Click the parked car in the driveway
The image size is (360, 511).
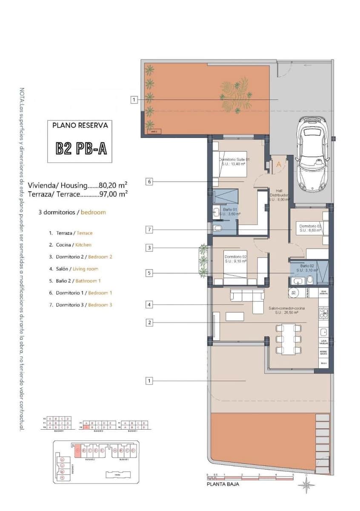click(x=312, y=154)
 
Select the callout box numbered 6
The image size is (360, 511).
click(x=149, y=181)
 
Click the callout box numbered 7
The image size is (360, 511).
click(x=149, y=230)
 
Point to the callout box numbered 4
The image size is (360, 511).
click(x=149, y=304)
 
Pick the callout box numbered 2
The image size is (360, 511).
click(x=149, y=323)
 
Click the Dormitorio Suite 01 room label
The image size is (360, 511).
click(x=234, y=161)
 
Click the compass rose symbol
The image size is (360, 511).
click(x=306, y=484)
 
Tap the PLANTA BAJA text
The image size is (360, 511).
click(x=223, y=484)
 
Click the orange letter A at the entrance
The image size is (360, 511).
click(x=279, y=164)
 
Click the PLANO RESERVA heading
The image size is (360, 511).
click(x=80, y=126)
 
